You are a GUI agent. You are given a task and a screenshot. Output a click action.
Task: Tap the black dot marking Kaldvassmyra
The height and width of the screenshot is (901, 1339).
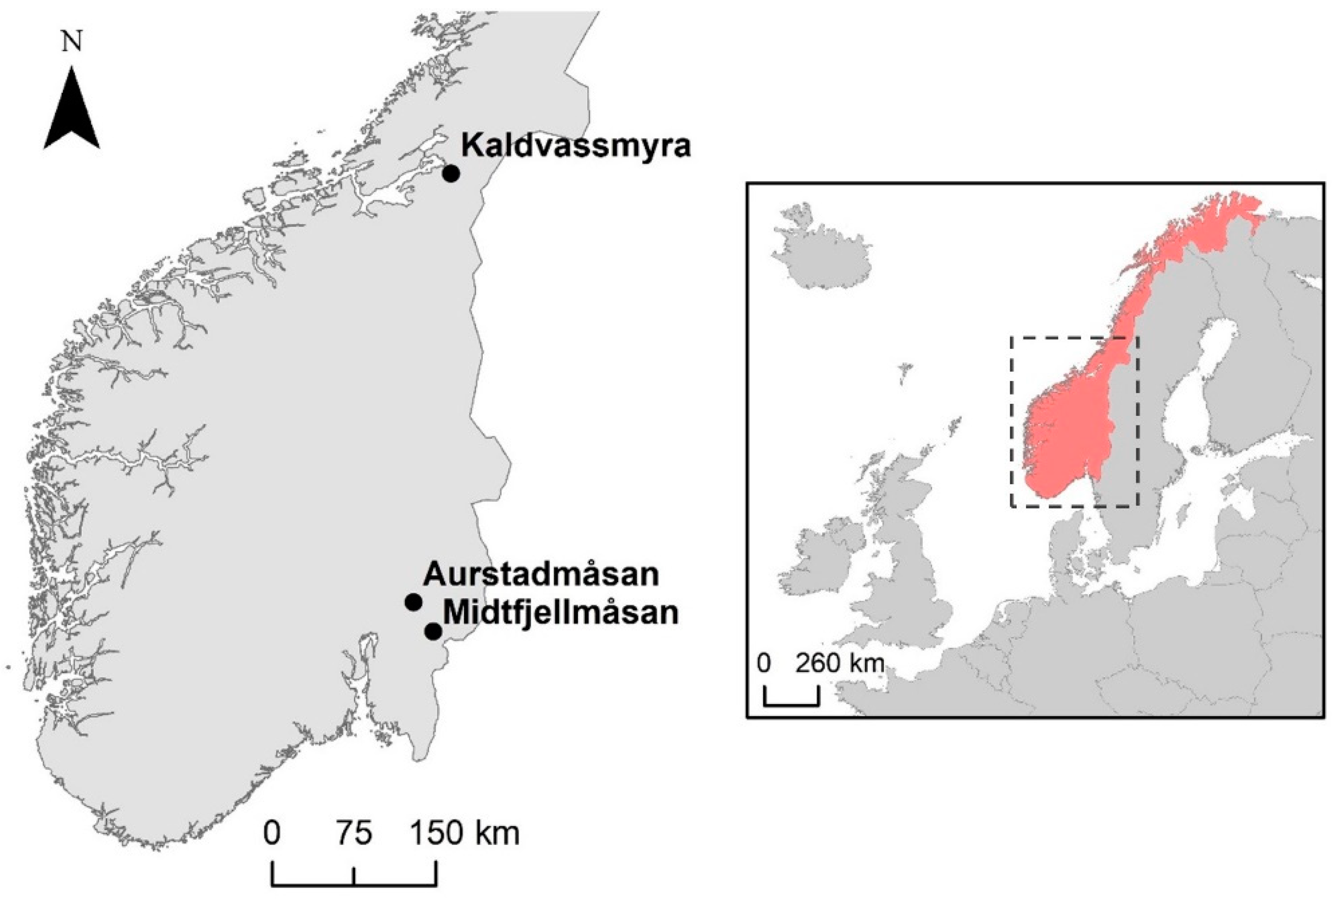pos(451,173)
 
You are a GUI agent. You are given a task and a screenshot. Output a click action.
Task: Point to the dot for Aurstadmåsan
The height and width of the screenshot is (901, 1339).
pos(413,602)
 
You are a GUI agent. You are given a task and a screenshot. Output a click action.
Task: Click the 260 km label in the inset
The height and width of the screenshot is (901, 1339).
pos(839,664)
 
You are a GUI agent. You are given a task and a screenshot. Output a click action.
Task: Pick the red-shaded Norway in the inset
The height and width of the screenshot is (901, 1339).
pos(1063,437)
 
